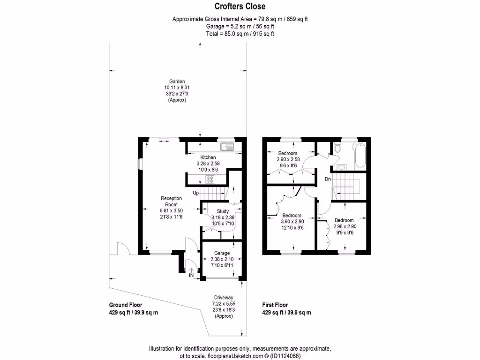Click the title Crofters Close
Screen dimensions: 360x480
click(240, 6)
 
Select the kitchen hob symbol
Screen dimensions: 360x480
click(209, 179)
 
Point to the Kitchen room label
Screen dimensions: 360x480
click(208, 157)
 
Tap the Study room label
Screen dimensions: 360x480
click(216, 211)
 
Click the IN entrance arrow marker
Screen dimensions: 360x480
click(191, 272)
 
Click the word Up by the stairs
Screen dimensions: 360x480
click(196, 193)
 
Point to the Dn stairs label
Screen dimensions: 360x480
click(328, 179)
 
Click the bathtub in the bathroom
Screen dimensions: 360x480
click(360, 156)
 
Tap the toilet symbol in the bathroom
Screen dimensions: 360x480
click(337, 150)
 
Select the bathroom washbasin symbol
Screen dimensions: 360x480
click(342, 167)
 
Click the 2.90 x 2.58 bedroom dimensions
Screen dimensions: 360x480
click(287, 159)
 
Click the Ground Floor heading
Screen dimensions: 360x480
click(126, 305)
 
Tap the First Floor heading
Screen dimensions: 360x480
click(275, 305)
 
